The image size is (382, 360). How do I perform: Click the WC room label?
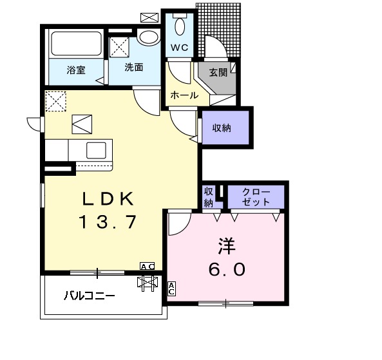click(x=178, y=47)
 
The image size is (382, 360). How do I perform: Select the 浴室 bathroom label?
click(x=76, y=70)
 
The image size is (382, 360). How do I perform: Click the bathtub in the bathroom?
click(x=75, y=44)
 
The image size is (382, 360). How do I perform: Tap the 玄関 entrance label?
click(x=218, y=72)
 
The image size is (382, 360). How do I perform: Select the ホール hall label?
click(x=184, y=95)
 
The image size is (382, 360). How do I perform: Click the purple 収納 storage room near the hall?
click(x=222, y=128)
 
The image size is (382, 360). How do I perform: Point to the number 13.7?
click(x=108, y=222)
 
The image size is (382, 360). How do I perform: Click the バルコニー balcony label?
click(x=90, y=297)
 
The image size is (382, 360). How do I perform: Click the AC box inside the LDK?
click(x=147, y=266)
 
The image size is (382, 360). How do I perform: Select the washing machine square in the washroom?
click(x=120, y=47)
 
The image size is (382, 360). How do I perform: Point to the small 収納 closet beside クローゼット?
click(x=208, y=196)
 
